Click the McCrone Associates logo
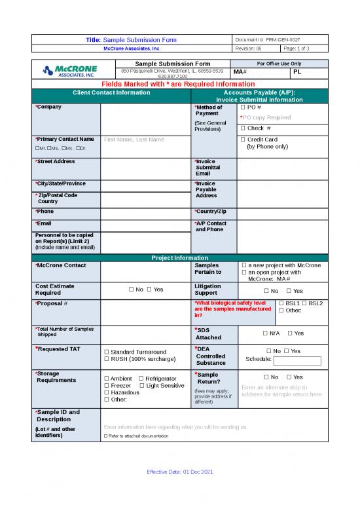point(69,71)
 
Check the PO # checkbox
point(242,107)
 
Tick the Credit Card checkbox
point(242,140)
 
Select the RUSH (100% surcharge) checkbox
point(106,359)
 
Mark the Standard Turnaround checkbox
point(106,352)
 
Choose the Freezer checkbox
point(106,385)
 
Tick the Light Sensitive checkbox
point(142,385)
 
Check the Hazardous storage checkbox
point(106,392)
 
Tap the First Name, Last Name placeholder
point(134,140)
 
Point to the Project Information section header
point(179,257)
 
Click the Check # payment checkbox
point(242,128)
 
